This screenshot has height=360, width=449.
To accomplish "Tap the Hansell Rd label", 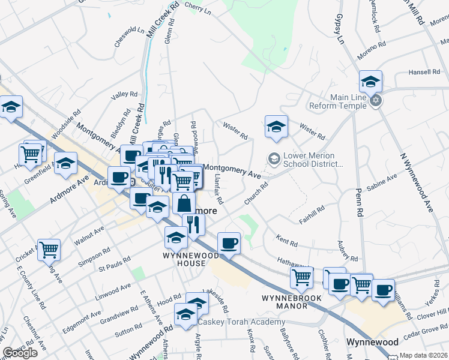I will (424, 72).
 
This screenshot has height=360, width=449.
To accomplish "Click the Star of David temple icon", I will (376, 100).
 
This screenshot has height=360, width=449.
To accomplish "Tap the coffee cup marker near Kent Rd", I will (229, 243).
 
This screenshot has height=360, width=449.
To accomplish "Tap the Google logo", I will (20, 353).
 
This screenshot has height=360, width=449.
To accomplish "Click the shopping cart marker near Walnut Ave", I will (49, 249).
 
